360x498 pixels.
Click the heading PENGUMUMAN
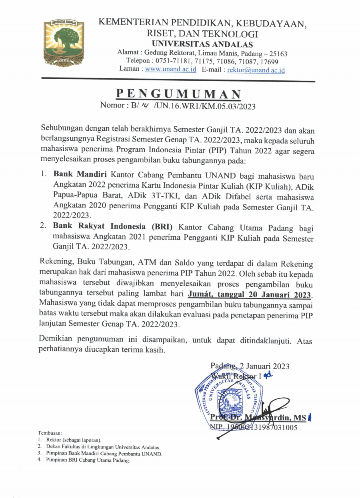(178, 94)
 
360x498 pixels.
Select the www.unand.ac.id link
(170, 69)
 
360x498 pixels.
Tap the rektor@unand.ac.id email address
(256, 70)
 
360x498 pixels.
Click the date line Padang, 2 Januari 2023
(250, 366)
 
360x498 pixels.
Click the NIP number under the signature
(253, 427)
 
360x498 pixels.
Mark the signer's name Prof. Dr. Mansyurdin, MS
(258, 418)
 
